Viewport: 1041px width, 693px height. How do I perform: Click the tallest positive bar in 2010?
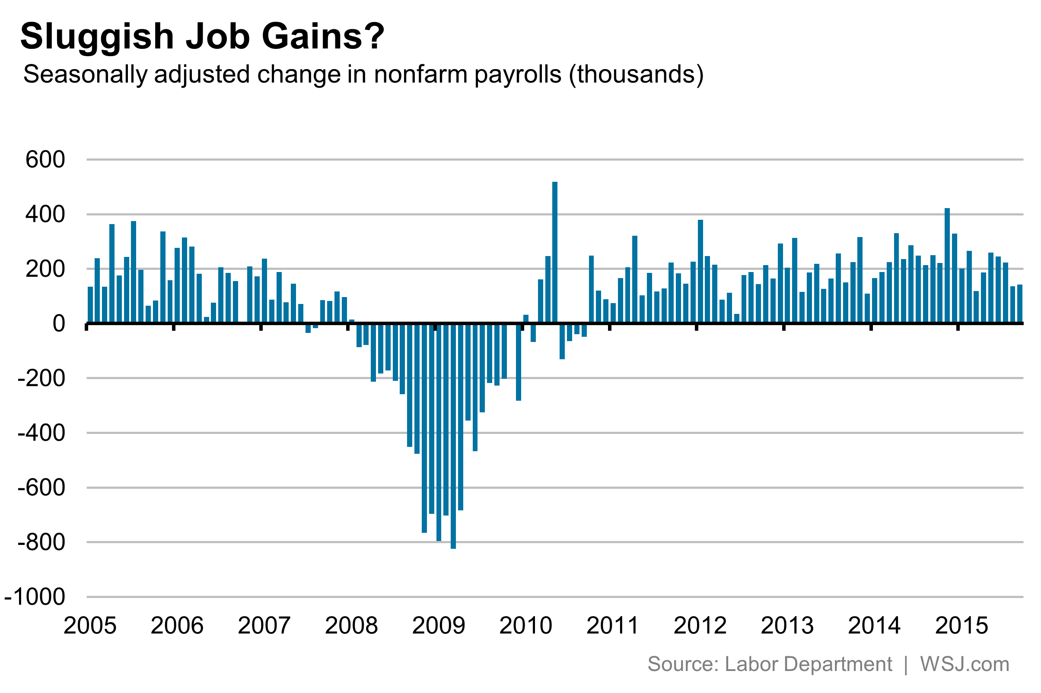coord(554,252)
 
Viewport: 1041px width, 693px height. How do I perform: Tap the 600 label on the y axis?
coord(45,160)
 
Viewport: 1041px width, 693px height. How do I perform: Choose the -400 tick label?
coord(41,433)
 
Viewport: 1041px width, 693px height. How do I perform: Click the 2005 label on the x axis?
coord(90,626)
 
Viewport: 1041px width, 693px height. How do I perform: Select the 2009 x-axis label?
coord(438,626)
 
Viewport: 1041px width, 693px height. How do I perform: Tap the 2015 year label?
coord(961,626)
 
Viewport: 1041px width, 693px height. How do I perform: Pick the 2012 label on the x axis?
coord(700,626)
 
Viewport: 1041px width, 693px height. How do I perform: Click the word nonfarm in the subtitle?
coord(420,74)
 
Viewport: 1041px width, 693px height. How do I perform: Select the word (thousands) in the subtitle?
coord(636,74)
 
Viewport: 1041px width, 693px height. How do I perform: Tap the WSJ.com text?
coord(965,664)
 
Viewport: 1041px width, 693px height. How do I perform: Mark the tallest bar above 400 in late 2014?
coord(947,265)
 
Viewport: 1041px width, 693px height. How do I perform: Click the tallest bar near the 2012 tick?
coord(700,271)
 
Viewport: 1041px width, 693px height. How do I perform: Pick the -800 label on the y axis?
coord(41,542)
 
